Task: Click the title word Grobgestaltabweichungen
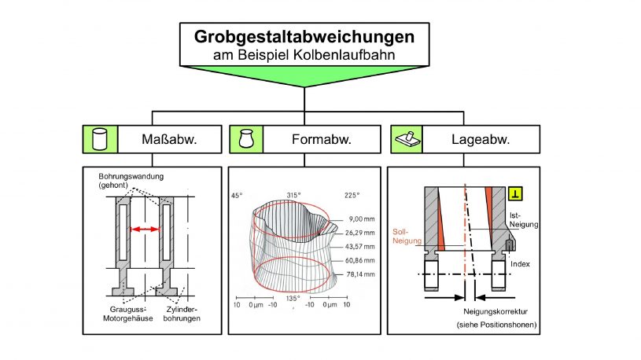[x=304, y=37]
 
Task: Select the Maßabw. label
[x=169, y=139]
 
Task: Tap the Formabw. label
[x=322, y=139]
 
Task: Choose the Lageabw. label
[x=481, y=139]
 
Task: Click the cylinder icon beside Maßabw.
[x=100, y=139]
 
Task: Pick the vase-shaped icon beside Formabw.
[x=246, y=139]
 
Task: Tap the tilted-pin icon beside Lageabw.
[x=407, y=139]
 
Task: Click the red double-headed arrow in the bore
[x=145, y=230]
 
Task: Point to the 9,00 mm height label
[x=361, y=219]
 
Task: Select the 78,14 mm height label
[x=360, y=274]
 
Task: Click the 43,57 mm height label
[x=359, y=246]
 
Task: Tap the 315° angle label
[x=293, y=195]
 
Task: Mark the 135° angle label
[x=293, y=299]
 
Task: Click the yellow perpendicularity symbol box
[x=515, y=193]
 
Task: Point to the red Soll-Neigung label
[x=407, y=236]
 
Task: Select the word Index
[x=520, y=264]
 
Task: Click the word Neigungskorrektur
[x=495, y=311]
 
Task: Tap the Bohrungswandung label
[x=131, y=176]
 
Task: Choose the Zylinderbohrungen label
[x=182, y=314]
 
